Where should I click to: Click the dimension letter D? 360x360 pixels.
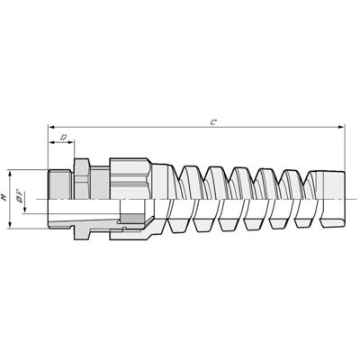pyautogui.click(x=62, y=137)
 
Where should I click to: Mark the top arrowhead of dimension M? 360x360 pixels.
pyautogui.click(x=12, y=171)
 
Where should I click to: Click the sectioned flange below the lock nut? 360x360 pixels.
pyautogui.click(x=81, y=229)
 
